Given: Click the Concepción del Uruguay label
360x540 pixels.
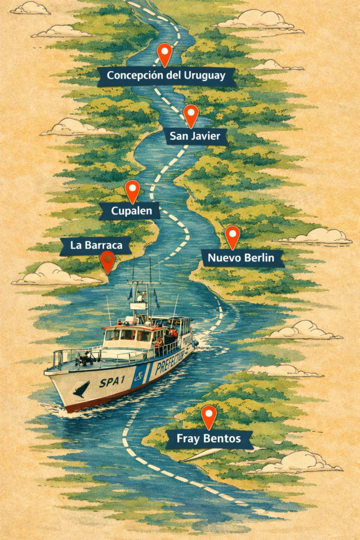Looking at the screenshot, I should tap(166, 75).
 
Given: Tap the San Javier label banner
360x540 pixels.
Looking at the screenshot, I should tap(195, 137).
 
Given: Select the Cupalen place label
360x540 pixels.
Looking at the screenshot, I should tap(129, 212).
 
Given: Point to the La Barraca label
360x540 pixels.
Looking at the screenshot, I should tap(95, 245).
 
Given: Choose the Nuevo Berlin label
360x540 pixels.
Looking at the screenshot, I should tap(242, 258).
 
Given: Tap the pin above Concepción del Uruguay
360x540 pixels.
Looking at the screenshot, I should tap(164, 53).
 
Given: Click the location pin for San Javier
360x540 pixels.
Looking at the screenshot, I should tap(191, 114).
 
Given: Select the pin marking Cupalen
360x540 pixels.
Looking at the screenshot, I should tap(132, 189).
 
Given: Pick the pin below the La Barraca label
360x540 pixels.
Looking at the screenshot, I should tap(108, 260).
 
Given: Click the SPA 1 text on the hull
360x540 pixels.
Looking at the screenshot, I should tap(112, 382).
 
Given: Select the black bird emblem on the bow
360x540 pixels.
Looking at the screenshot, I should tap(80, 389).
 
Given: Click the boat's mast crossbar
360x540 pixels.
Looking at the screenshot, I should tap(143, 284).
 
